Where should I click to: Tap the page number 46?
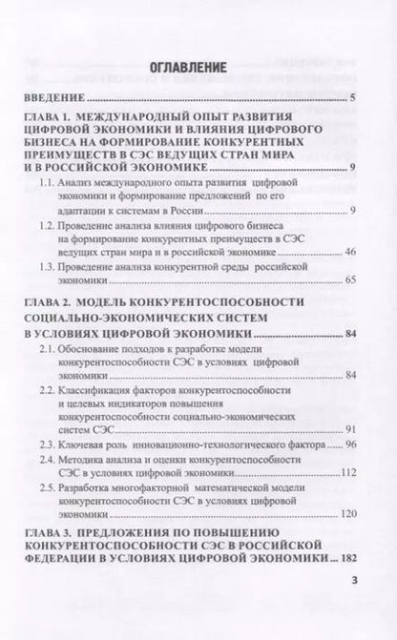349,252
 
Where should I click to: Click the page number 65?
349,281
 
